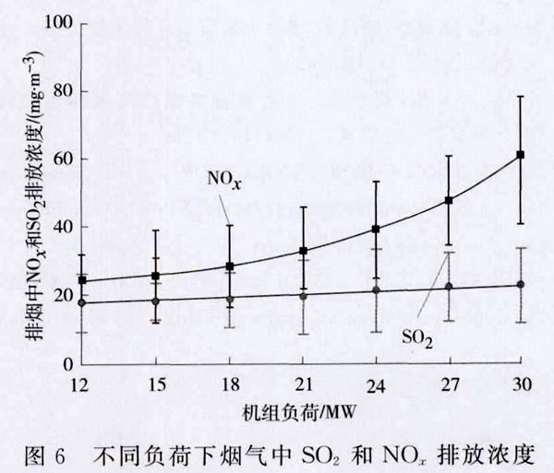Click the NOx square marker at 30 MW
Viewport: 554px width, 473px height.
click(521, 155)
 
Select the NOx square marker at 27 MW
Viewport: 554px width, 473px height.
click(449, 200)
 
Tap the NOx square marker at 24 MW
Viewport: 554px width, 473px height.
click(376, 229)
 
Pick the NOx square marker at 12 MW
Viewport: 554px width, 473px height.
click(83, 280)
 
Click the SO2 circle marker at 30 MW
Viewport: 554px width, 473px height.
click(521, 284)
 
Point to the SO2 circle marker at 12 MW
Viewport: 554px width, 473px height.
click(83, 302)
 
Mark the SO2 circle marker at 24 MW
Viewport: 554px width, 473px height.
click(376, 290)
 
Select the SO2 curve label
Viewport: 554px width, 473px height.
click(418, 337)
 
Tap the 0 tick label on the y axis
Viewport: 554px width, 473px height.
click(67, 364)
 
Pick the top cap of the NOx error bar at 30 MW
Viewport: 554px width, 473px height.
click(521, 96)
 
